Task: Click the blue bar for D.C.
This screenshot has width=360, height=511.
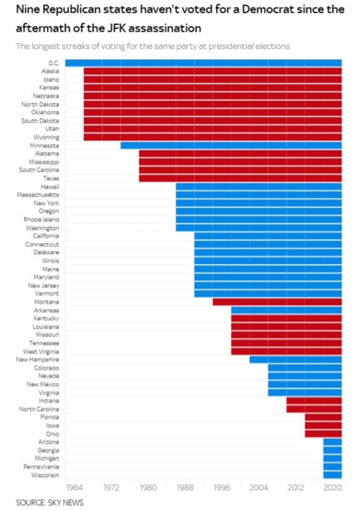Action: pyautogui.click(x=203, y=63)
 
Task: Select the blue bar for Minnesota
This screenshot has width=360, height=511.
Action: pyautogui.click(x=231, y=146)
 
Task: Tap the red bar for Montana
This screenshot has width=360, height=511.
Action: pyautogui.click(x=277, y=302)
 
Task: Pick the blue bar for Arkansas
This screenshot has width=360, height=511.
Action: pyautogui.click(x=286, y=310)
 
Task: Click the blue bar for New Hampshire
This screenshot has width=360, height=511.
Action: pyautogui.click(x=295, y=360)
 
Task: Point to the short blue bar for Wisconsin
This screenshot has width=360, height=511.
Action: pyautogui.click(x=332, y=475)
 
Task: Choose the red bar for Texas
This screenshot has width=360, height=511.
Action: pyautogui.click(x=240, y=178)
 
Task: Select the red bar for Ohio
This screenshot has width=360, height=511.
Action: pyautogui.click(x=323, y=434)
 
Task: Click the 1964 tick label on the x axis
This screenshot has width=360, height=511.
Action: pyautogui.click(x=74, y=487)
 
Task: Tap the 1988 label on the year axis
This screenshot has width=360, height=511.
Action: pyautogui.click(x=185, y=487)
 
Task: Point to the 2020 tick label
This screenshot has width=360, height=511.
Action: pyautogui.click(x=332, y=487)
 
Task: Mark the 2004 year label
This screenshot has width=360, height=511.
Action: pyautogui.click(x=259, y=487)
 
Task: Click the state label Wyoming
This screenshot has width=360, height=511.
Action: pyautogui.click(x=46, y=137)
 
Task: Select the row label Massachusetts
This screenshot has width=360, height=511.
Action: pyautogui.click(x=38, y=195)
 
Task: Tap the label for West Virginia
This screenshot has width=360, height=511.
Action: pyautogui.click(x=41, y=351)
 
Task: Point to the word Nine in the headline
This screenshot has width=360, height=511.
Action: pyautogui.click(x=28, y=9)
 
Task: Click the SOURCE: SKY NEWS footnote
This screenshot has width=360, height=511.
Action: pyautogui.click(x=50, y=503)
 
